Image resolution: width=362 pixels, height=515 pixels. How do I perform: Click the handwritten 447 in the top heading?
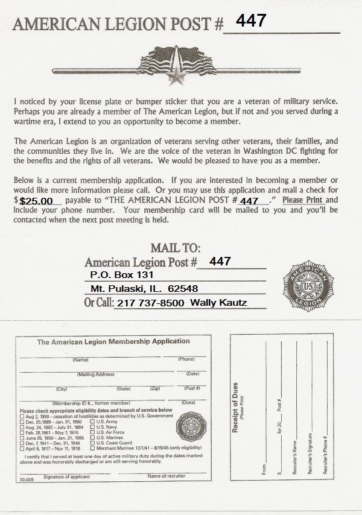pyautogui.click(x=251, y=21)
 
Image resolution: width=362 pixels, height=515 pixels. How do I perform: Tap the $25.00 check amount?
pyautogui.click(x=37, y=201)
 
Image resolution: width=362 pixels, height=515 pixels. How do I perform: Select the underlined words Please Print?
pyautogui.click(x=303, y=200)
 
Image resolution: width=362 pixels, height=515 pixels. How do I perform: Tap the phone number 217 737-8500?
pyautogui.click(x=151, y=303)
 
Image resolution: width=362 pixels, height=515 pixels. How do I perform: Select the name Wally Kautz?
pyautogui.click(x=218, y=303)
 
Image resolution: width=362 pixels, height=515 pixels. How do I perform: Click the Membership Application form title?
pyautogui.click(x=113, y=341)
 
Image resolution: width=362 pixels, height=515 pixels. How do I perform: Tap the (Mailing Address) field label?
pyautogui.click(x=97, y=374)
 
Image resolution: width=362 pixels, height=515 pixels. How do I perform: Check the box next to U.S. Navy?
pyautogui.click(x=92, y=426)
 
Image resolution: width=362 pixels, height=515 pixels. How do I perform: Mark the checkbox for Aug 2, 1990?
pyautogui.click(x=22, y=416)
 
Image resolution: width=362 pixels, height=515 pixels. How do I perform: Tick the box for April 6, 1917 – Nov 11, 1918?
pyautogui.click(x=22, y=449)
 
